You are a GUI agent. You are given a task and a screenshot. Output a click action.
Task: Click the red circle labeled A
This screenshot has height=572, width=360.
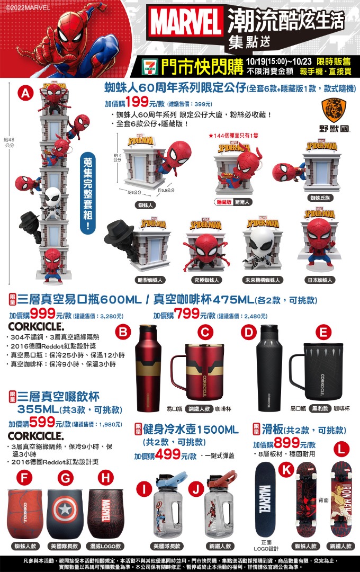pyautogui.click(x=25, y=93)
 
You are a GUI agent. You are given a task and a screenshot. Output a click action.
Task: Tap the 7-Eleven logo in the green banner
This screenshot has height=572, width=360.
pyautogui.click(x=149, y=66)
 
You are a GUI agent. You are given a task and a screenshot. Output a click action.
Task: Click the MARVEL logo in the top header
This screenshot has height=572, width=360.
pyautogui.click(x=186, y=24)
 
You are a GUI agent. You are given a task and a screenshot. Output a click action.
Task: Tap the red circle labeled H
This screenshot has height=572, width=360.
pyautogui.click(x=106, y=478)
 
